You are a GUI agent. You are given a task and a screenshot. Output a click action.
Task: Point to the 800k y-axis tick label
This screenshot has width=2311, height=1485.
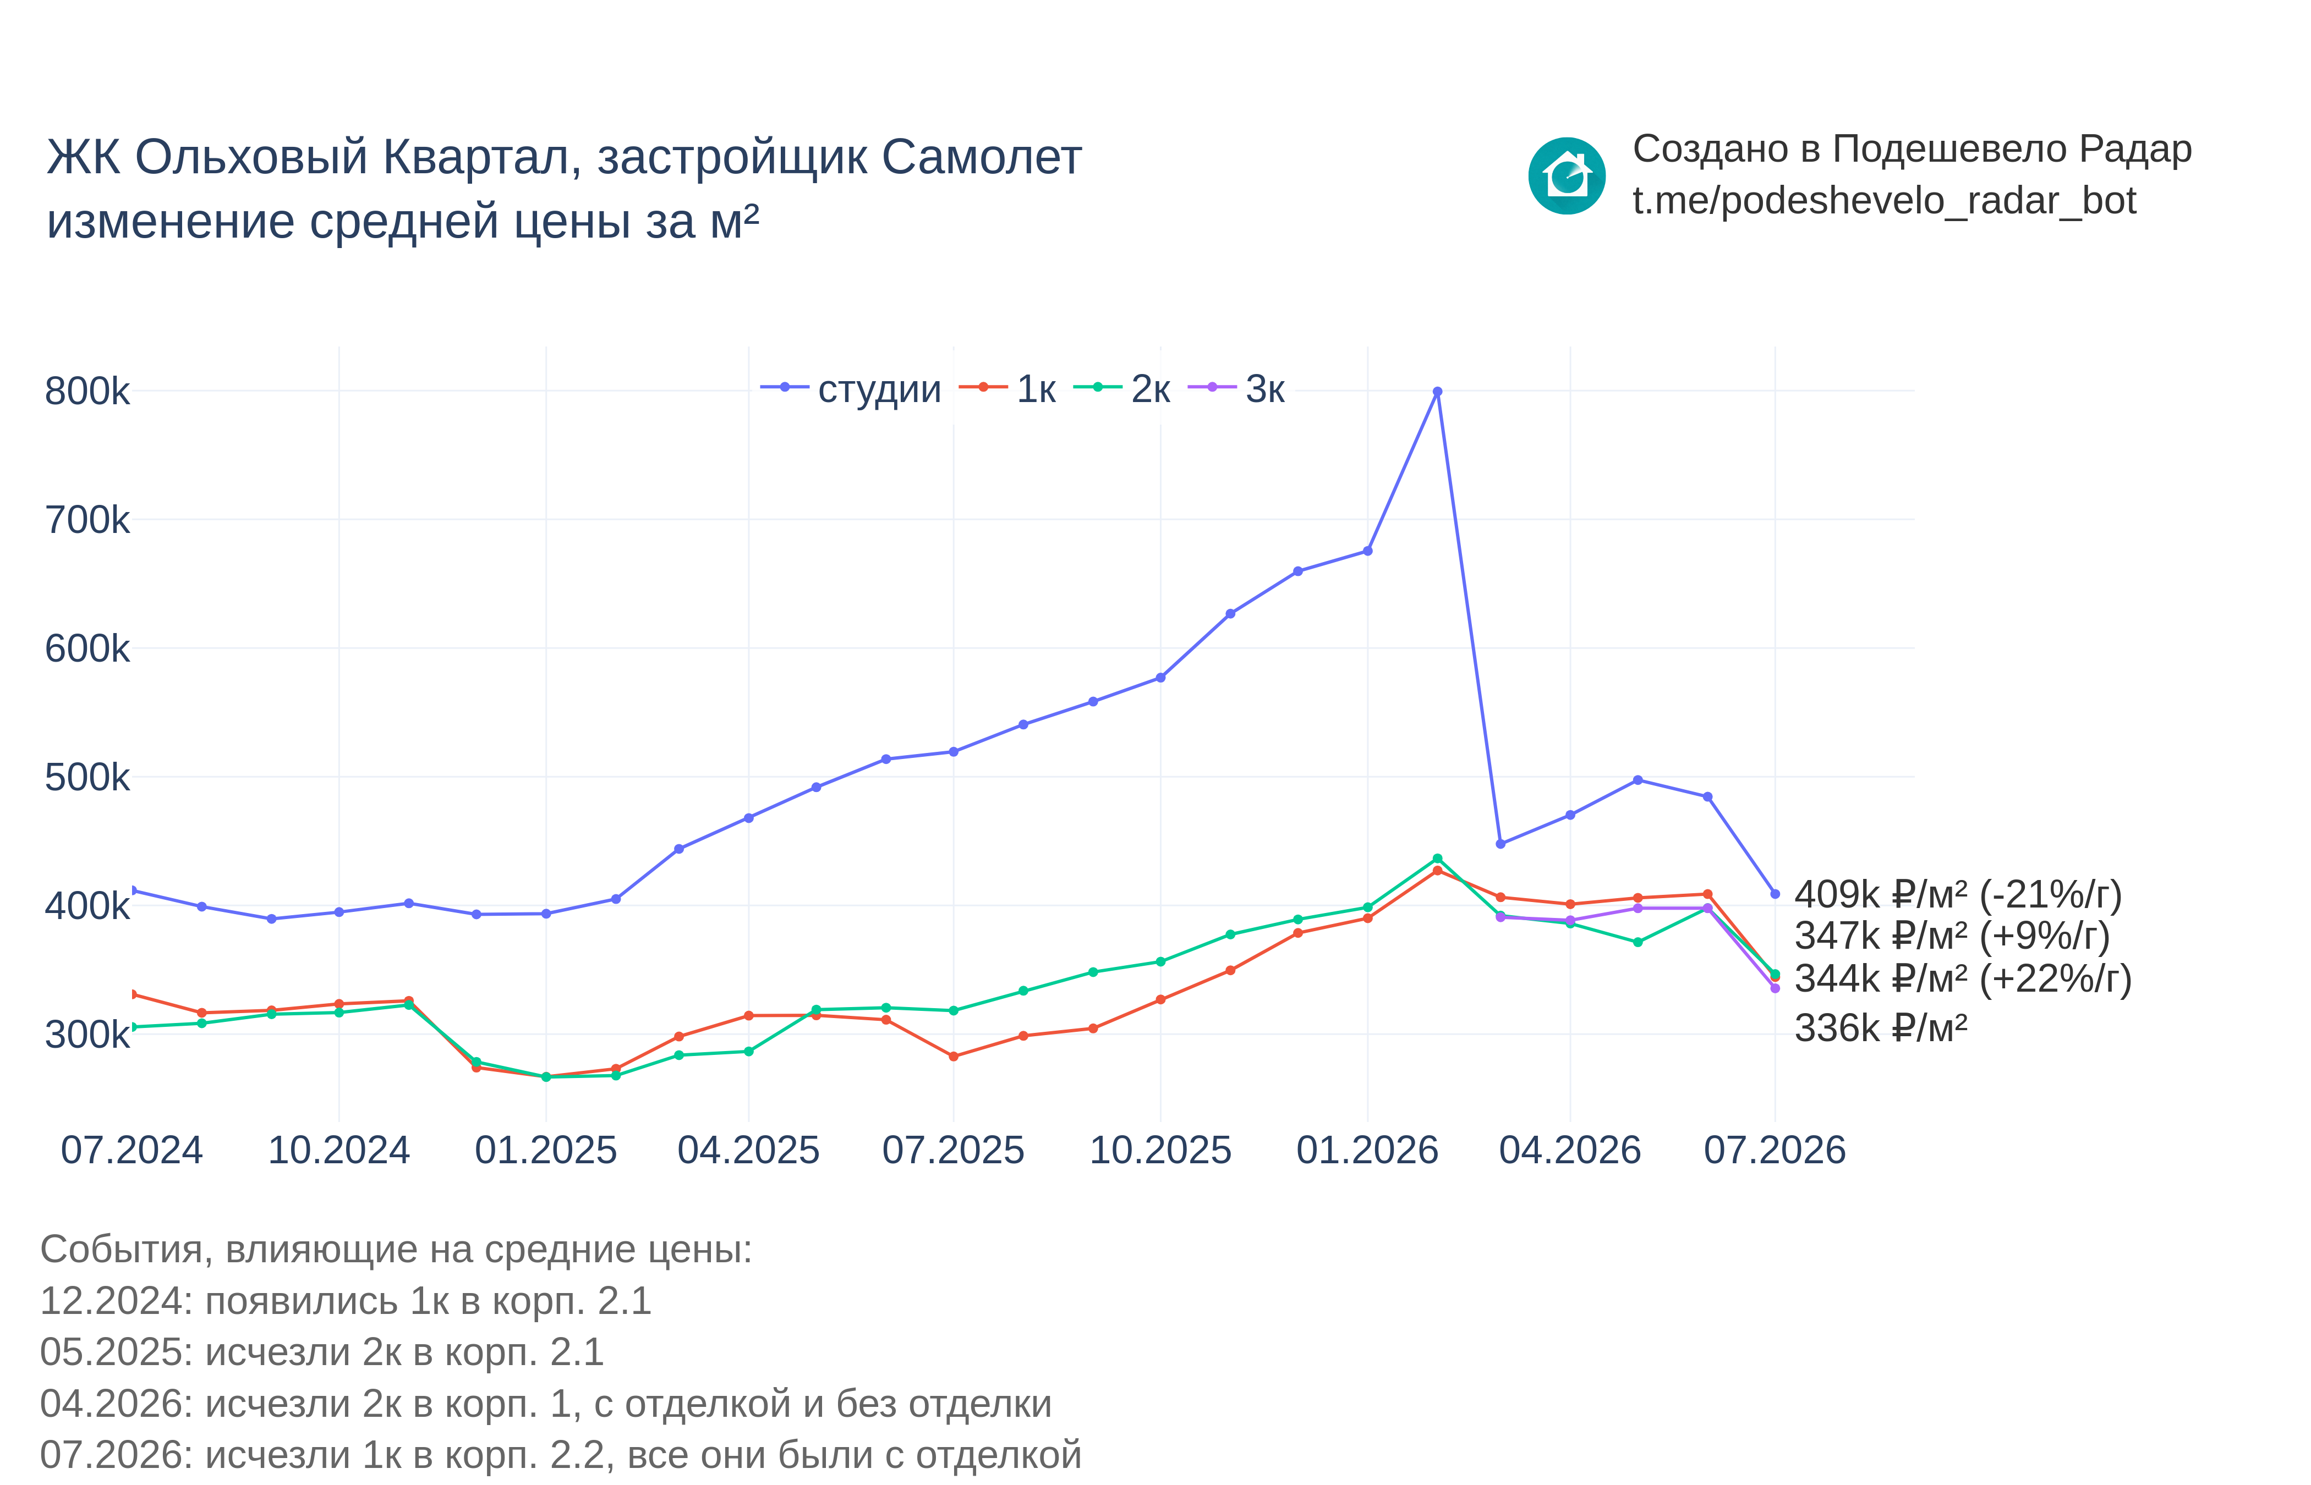[87, 392]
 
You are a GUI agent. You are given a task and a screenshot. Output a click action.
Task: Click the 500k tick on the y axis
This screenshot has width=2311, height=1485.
[87, 777]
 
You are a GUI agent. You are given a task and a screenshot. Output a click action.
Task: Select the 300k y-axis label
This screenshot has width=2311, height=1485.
[87, 1035]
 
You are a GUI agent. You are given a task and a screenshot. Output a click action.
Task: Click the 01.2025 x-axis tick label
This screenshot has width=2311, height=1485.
[546, 1151]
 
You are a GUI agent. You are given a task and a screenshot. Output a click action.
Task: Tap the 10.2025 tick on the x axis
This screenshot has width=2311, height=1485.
[1160, 1151]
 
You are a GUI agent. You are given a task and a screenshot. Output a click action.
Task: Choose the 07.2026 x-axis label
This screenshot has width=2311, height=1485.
[1775, 1151]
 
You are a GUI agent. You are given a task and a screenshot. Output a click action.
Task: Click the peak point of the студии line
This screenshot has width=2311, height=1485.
[1437, 392]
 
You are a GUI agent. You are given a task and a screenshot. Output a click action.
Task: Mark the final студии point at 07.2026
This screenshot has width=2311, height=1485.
[1775, 894]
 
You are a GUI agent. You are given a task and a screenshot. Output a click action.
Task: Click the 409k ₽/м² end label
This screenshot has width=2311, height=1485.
[1958, 895]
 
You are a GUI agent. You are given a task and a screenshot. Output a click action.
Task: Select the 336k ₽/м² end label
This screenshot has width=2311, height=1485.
[1881, 1028]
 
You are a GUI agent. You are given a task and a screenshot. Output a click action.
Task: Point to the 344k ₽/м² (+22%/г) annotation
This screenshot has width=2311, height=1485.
[1963, 979]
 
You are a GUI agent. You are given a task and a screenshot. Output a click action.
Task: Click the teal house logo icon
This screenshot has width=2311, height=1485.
[1567, 175]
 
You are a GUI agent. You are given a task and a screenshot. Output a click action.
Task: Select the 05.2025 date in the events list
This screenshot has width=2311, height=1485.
[115, 1352]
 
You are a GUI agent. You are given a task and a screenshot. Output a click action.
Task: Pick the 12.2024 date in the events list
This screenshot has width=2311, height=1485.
[115, 1301]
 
